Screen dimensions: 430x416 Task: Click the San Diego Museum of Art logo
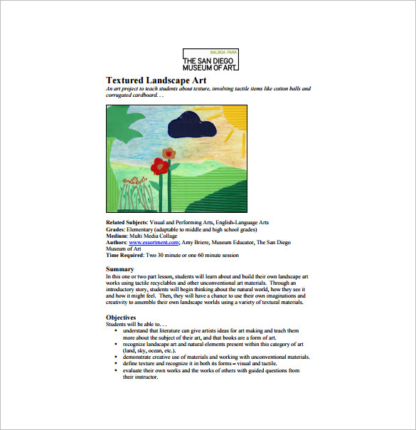(211, 61)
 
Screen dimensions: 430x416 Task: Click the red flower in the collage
(161, 167)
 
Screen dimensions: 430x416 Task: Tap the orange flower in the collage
(169, 152)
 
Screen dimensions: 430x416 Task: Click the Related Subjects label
(127, 224)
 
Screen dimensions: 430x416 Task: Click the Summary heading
(119, 269)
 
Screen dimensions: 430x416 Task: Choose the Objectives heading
(121, 317)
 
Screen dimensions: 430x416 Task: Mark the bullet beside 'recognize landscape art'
(115, 344)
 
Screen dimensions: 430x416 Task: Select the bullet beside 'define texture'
(115, 363)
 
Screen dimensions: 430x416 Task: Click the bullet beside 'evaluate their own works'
(115, 370)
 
